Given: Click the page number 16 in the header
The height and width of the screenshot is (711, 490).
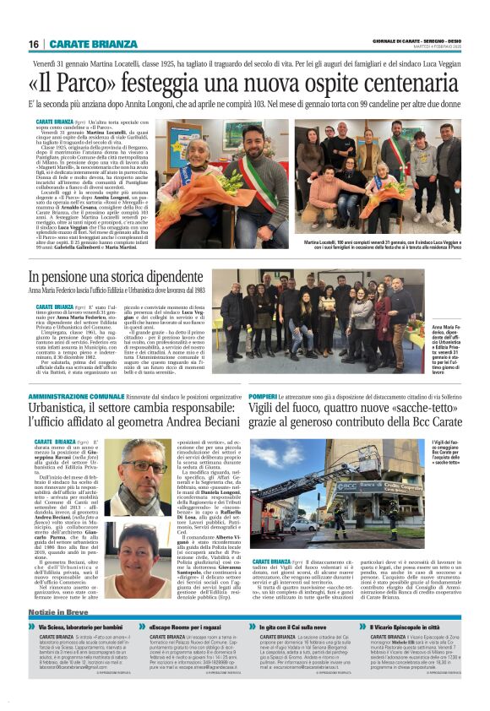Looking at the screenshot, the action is [34, 44].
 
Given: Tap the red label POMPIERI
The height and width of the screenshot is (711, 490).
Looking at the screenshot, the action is [264, 396].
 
